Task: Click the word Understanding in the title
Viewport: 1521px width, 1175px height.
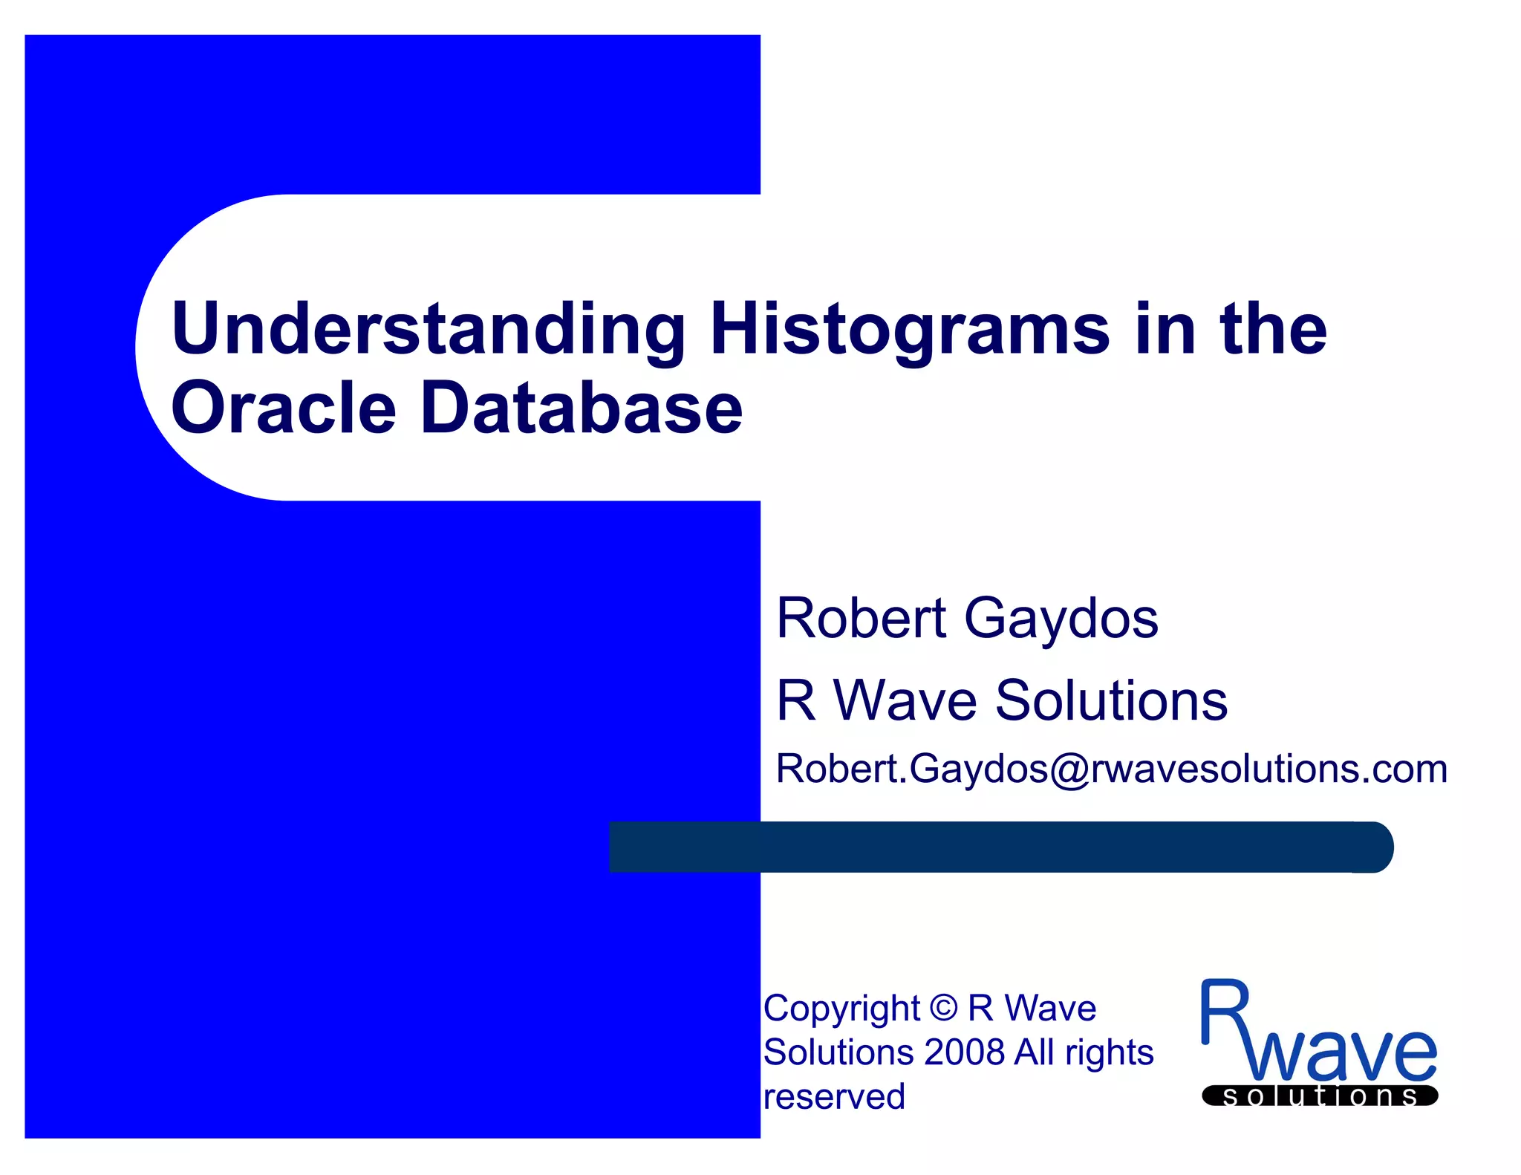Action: tap(428, 329)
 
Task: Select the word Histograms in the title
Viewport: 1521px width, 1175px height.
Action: tap(909, 329)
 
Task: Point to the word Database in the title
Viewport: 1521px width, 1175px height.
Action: tap(582, 408)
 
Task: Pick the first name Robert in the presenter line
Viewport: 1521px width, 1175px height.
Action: tap(862, 619)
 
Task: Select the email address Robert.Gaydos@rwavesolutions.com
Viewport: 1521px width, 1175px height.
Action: tap(1111, 769)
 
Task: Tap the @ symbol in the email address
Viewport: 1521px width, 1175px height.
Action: tap(1069, 769)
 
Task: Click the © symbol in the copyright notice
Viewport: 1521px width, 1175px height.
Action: tap(943, 1009)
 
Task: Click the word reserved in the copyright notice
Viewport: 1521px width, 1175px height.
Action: tap(834, 1097)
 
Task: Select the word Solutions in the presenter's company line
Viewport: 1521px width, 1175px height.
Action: tap(1111, 700)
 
